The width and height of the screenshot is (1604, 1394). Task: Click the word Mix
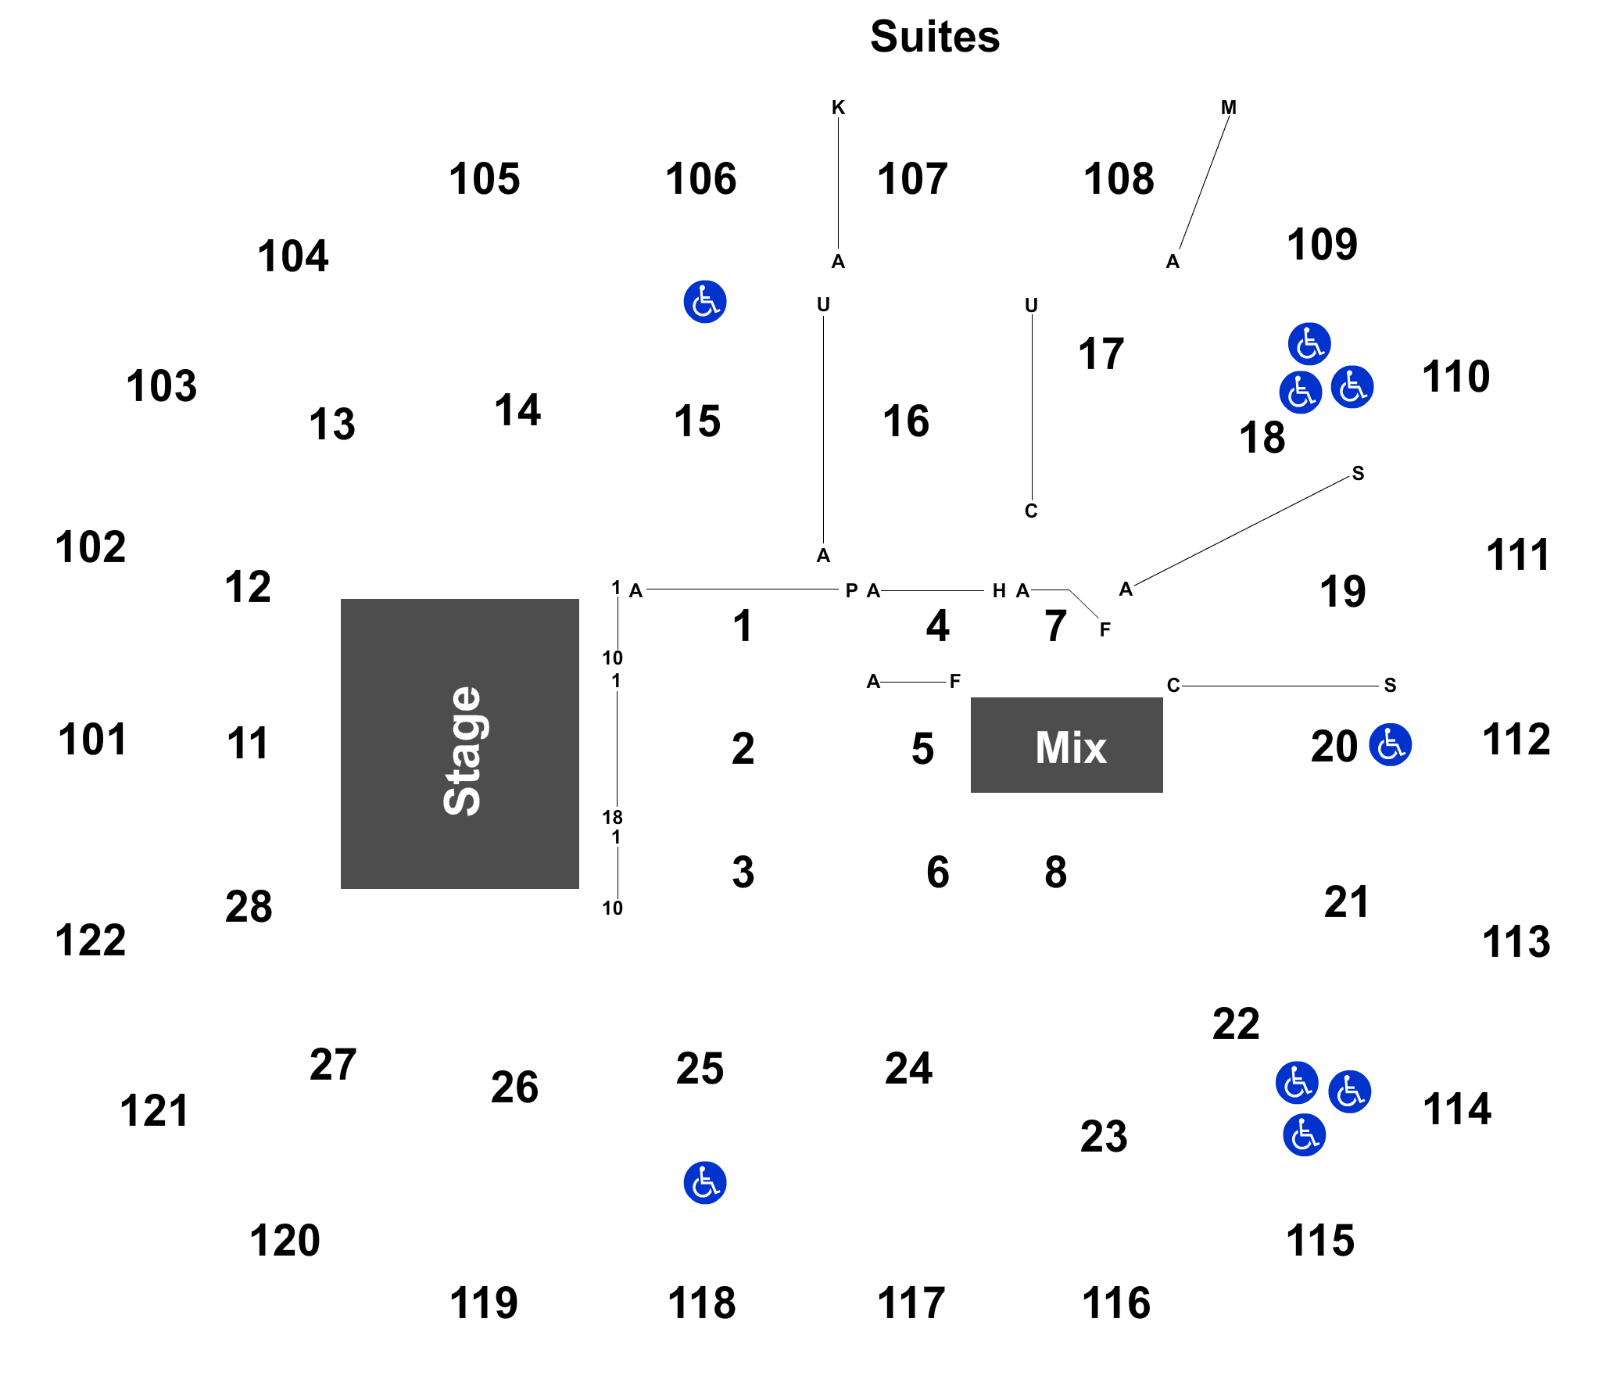(x=1070, y=747)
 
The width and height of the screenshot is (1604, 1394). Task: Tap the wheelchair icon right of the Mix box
(x=1390, y=744)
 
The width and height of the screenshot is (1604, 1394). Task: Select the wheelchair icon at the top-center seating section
(x=704, y=302)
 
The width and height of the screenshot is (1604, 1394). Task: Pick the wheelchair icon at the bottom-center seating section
(x=704, y=1182)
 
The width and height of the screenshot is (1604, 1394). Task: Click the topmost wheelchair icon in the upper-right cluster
(x=1309, y=343)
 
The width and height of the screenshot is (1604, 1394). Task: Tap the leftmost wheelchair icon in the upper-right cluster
(x=1300, y=392)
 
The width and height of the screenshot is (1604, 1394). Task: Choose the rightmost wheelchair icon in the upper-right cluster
(x=1352, y=386)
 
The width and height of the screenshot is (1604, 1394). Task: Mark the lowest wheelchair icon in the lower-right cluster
(x=1304, y=1134)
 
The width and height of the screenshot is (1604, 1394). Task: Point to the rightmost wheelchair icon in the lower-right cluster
(x=1349, y=1091)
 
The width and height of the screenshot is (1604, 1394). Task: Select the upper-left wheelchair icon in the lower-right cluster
(x=1296, y=1083)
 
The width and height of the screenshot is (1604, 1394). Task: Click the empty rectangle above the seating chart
(x=936, y=36)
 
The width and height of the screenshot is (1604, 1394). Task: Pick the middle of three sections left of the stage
(x=247, y=741)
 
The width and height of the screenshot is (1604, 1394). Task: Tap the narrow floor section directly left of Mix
(x=915, y=747)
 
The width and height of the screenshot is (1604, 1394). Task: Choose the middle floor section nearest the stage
(x=743, y=747)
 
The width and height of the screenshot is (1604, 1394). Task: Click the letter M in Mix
(x=1051, y=747)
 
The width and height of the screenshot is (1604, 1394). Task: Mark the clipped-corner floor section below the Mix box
(x=1062, y=869)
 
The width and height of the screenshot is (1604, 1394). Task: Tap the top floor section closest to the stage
(x=743, y=624)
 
